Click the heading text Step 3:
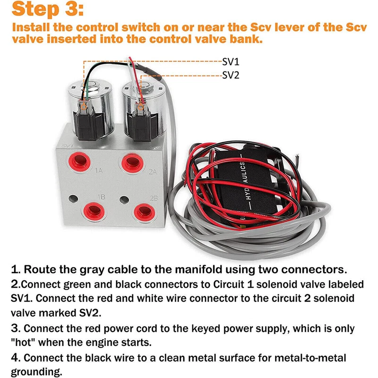pos(48,9)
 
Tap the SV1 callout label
pos(231,62)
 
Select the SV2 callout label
pos(231,75)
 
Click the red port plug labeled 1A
pos(79,162)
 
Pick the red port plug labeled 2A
pos(133,163)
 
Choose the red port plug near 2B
pos(145,213)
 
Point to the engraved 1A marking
pos(99,171)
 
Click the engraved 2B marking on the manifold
pos(154,198)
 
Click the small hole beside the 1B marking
pos(73,199)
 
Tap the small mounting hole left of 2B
pos(124,200)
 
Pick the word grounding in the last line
pos(36,372)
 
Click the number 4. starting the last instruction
pos(16,358)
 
